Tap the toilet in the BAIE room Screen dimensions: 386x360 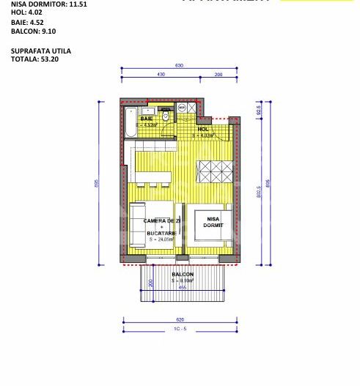click(166, 116)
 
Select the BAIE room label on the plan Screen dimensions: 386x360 click(147, 119)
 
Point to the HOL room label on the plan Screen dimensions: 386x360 click(203, 129)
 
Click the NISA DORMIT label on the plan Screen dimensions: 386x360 click(213, 222)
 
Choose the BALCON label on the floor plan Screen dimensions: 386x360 click(183, 275)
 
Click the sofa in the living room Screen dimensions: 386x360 click(136, 226)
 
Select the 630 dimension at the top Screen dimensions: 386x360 click(179, 66)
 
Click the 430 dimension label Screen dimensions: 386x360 click(160, 75)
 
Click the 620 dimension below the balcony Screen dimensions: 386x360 click(180, 321)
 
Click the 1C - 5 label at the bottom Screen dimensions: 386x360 click(180, 330)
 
